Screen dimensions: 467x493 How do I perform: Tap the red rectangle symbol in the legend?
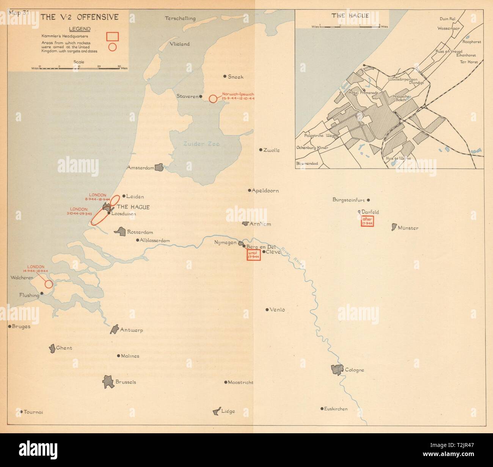113,36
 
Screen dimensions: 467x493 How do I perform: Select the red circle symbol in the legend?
113,47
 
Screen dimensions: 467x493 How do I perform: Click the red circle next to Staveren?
213,99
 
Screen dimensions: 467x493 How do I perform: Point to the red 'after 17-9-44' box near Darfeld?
367,221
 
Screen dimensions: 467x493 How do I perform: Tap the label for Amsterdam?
141,168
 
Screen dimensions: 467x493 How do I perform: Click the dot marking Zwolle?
261,150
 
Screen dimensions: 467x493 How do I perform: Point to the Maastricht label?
240,382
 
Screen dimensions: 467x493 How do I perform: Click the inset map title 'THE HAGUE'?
344,16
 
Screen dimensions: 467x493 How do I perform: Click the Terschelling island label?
181,18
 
